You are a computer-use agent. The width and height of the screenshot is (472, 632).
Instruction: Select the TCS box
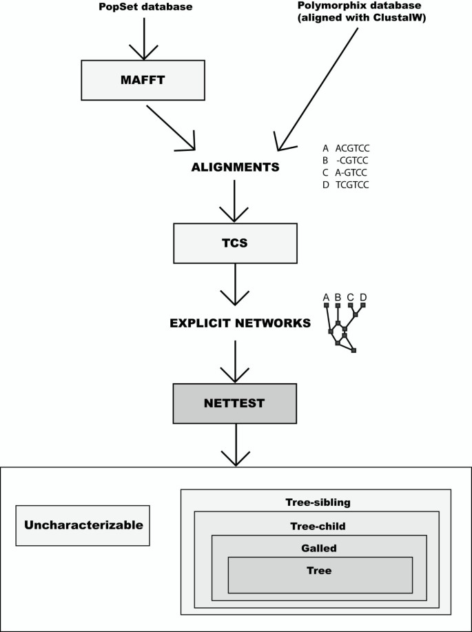pyautogui.click(x=236, y=243)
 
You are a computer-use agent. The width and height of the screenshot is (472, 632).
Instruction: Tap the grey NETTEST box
pyautogui.click(x=236, y=403)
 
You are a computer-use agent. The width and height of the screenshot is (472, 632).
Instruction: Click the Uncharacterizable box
pyautogui.click(x=83, y=525)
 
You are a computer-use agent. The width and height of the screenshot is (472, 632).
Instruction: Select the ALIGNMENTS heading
pyautogui.click(x=236, y=167)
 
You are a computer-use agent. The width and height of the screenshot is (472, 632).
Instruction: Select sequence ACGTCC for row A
pyautogui.click(x=353, y=148)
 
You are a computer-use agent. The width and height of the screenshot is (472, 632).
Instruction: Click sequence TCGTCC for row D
pyautogui.click(x=353, y=184)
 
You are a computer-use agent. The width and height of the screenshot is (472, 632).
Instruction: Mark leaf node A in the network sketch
pyautogui.click(x=327, y=305)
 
